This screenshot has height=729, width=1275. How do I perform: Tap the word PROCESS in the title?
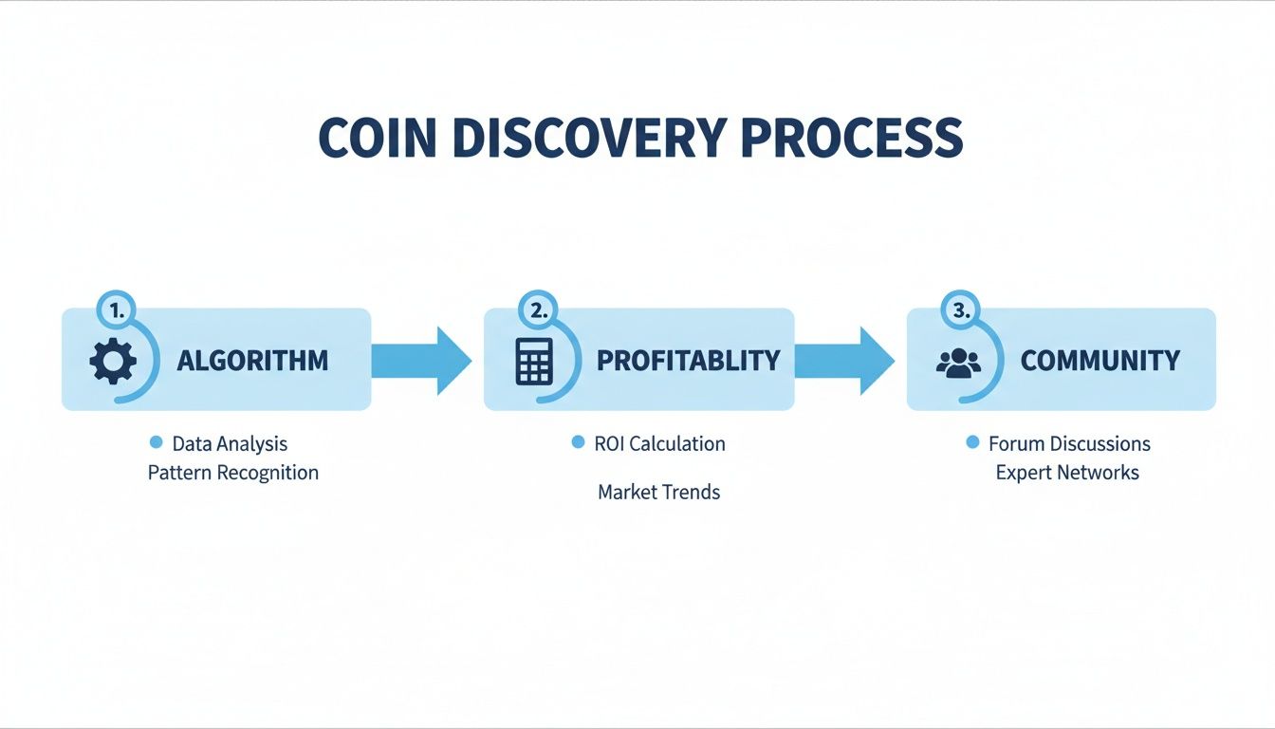tap(852, 139)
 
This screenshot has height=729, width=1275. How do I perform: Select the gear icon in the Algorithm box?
tap(113, 361)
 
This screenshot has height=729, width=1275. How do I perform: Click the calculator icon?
tap(534, 361)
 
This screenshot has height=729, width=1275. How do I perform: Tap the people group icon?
tap(958, 362)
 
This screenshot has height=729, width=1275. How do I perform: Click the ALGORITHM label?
tap(252, 361)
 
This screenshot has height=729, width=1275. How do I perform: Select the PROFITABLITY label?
tap(688, 361)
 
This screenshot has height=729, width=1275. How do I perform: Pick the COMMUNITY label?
tap(1099, 361)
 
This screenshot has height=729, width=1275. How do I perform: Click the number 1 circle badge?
tap(117, 309)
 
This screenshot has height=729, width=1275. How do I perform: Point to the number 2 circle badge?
tap(538, 309)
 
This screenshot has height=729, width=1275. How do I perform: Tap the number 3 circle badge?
tap(959, 309)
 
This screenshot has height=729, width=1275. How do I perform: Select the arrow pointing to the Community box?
tap(843, 361)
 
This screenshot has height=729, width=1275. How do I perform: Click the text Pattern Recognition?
tap(233, 473)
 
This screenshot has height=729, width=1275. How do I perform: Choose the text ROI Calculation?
tap(659, 443)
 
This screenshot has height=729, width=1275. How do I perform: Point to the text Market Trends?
tap(658, 493)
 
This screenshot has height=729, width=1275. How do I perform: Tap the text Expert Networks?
tap(1067, 473)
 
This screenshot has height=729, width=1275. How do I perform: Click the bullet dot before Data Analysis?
tap(157, 442)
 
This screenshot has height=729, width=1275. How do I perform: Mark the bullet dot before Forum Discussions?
tap(972, 442)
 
